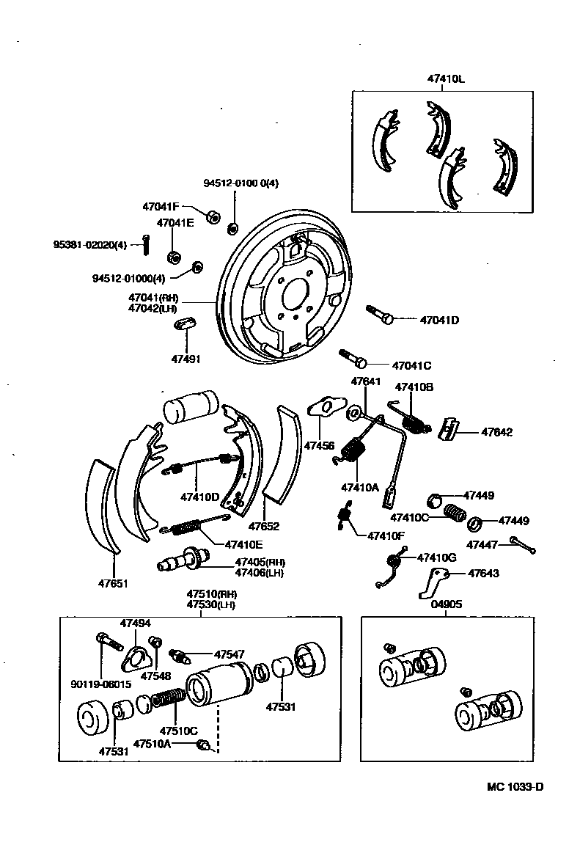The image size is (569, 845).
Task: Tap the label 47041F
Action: click(161, 207)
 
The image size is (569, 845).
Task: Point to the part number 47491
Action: click(186, 359)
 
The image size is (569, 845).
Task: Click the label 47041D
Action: click(439, 320)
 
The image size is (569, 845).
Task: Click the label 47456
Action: click(319, 445)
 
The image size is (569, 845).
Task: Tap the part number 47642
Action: click(496, 432)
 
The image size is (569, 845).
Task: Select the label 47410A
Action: click(359, 487)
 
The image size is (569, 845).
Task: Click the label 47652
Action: click(263, 526)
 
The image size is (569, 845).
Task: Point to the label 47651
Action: click(114, 584)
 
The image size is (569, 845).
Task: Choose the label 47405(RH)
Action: click(260, 562)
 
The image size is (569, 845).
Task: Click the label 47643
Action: click(483, 574)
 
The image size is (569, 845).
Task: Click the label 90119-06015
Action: click(101, 684)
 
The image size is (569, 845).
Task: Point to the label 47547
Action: click(230, 654)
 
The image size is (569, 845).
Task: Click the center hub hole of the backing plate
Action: click(294, 296)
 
